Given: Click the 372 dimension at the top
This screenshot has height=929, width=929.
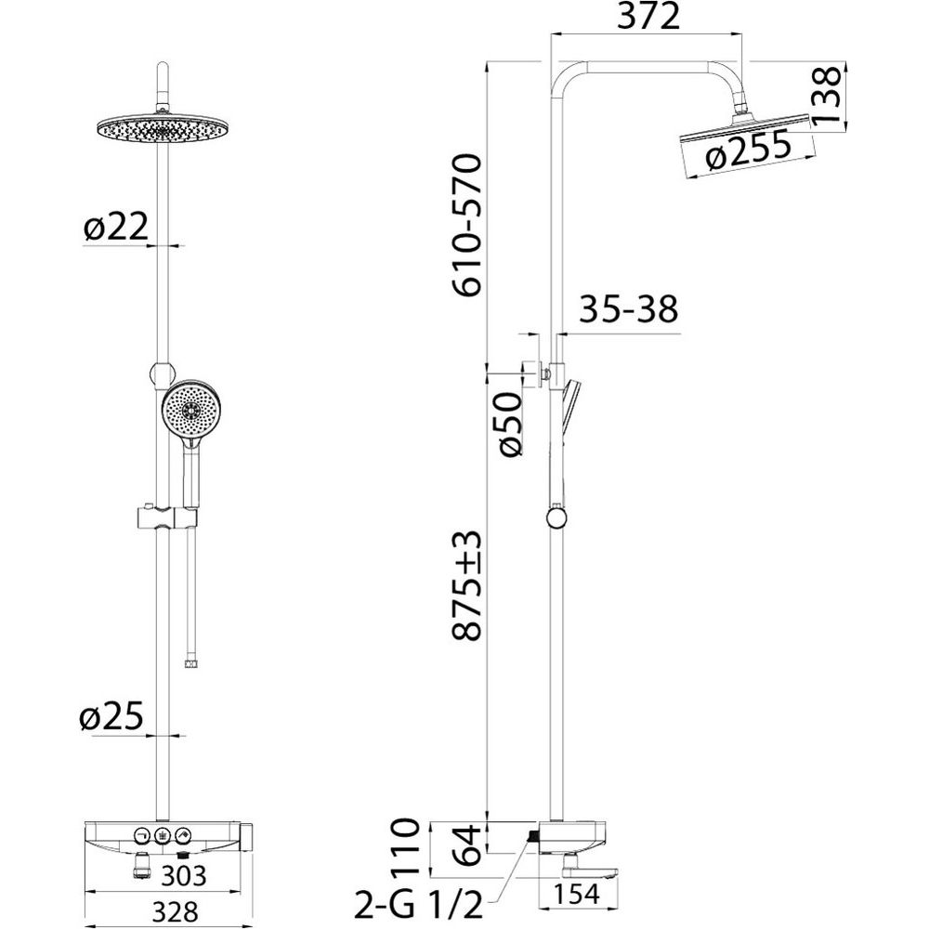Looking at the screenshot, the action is [648, 17].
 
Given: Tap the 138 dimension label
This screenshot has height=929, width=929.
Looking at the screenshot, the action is [825, 94].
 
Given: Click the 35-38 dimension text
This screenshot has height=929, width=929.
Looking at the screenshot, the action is [628, 308].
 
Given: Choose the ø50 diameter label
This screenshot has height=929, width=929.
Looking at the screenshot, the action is [509, 423].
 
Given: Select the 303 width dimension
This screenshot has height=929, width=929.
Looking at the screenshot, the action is [183, 876].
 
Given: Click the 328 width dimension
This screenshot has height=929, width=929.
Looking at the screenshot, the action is [175, 912].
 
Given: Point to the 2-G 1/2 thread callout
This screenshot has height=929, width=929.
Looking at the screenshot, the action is [418, 905].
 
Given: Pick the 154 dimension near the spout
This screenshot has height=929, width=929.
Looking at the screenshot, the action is [578, 894].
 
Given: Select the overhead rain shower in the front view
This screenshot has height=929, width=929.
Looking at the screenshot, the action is [162, 126].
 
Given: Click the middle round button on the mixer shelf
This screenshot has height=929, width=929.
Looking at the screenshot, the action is [163, 835].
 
